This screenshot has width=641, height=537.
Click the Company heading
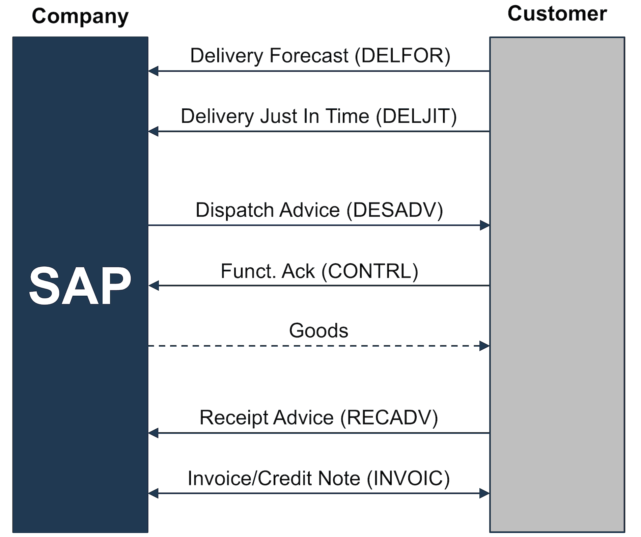[80, 16]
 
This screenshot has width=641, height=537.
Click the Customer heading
[557, 14]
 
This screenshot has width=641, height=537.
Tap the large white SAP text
[80, 286]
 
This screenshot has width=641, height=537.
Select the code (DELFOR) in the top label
[402, 56]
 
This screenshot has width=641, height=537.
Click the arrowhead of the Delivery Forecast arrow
[154, 71]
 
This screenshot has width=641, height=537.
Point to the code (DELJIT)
[416, 116]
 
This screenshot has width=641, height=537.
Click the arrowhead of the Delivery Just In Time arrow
[154, 131]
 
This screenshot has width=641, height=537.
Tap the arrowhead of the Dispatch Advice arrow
[484, 225]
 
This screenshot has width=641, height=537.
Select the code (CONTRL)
[370, 271]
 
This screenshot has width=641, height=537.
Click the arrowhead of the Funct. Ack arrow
[154, 286]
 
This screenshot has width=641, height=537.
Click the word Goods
[318, 330]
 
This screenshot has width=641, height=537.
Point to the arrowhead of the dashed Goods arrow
[484, 346]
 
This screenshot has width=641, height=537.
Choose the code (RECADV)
[389, 418]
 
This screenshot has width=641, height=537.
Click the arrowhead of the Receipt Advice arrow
[154, 433]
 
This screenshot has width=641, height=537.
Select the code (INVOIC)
[408, 478]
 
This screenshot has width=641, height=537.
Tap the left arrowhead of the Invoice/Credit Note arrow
[154, 493]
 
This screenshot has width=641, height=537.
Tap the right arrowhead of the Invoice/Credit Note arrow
[484, 493]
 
